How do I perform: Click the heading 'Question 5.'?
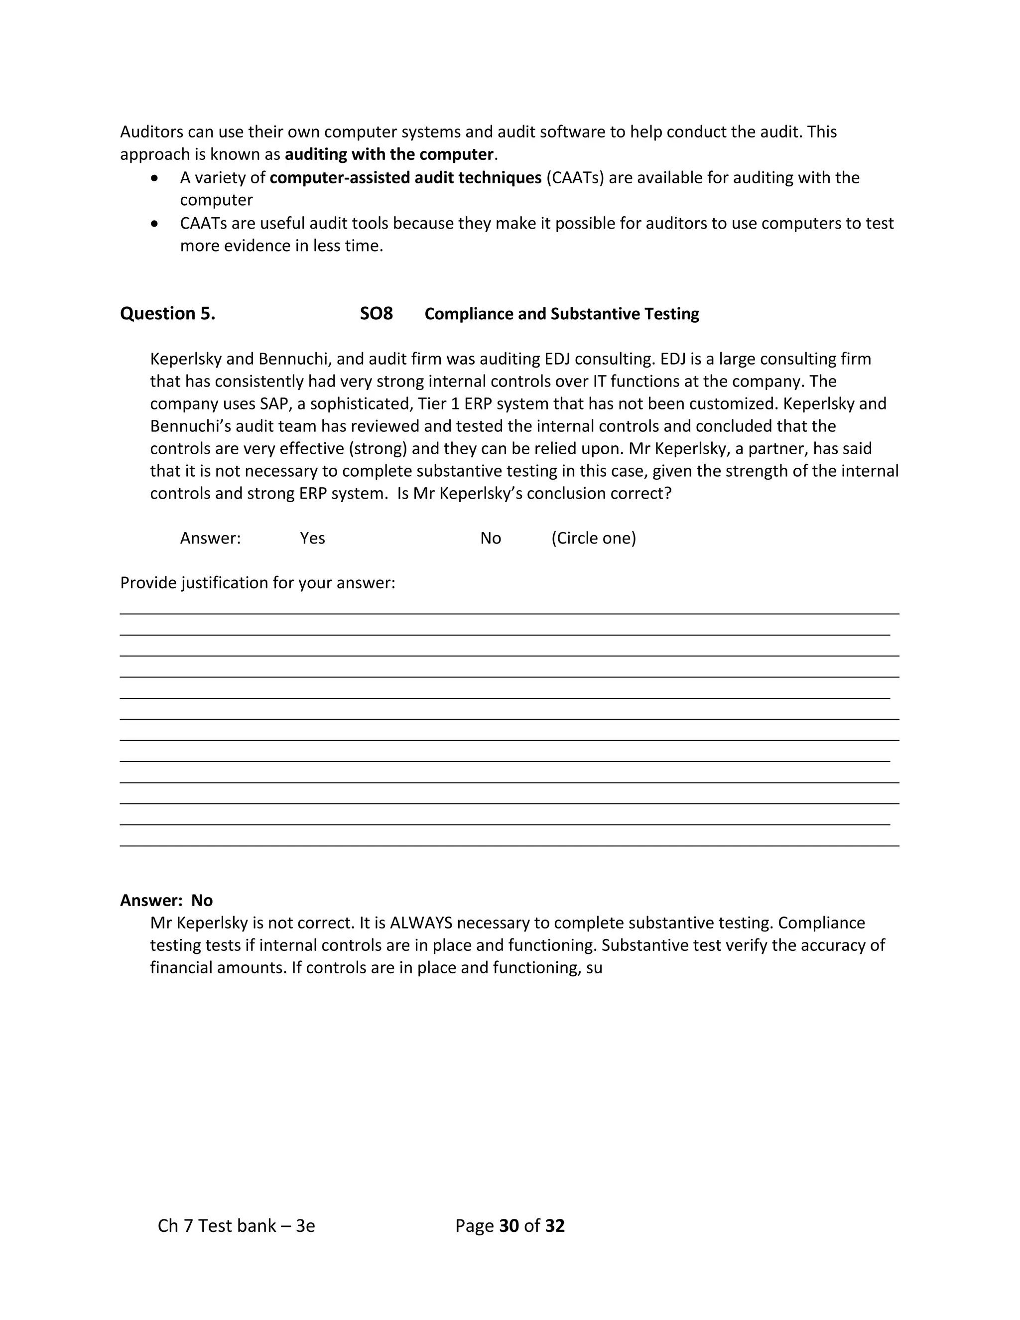pos(167,314)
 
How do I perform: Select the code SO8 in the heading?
pos(376,314)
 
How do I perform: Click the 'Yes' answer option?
pos(312,538)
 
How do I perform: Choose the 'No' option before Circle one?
pos(490,538)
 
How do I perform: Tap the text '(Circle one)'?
pos(593,538)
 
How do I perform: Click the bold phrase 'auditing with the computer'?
pos(389,155)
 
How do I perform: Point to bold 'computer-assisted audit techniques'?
pos(405,178)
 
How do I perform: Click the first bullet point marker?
pos(156,178)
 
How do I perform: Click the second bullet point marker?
pos(156,224)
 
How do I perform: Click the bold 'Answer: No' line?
pos(166,901)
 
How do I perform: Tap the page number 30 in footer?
pos(510,1226)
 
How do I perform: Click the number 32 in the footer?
pos(555,1226)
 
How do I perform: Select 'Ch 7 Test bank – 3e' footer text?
pos(236,1226)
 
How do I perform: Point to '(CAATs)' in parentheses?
pos(575,178)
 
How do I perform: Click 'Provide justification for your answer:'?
pos(257,583)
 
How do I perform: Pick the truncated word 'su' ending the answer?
pos(594,968)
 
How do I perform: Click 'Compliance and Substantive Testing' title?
pos(561,314)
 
